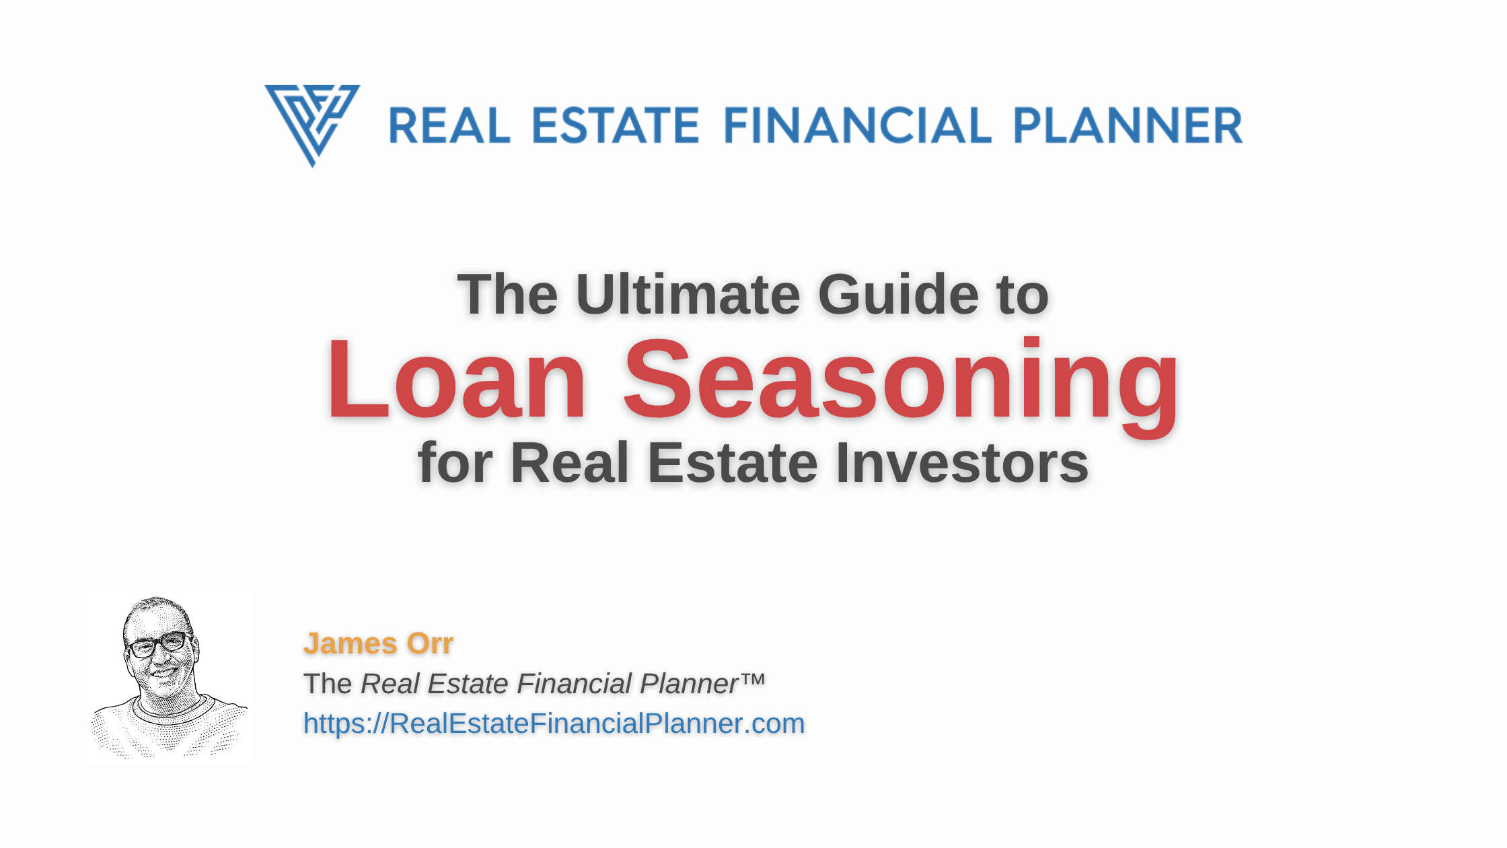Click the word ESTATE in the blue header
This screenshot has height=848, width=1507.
[x=616, y=126]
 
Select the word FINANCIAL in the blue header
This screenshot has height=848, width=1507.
[x=858, y=126]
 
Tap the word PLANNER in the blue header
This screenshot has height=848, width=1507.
[x=1128, y=126]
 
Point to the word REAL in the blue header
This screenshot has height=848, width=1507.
[x=449, y=126]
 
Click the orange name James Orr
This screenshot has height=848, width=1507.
[x=378, y=643]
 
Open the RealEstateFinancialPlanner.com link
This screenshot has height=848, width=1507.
[x=554, y=724]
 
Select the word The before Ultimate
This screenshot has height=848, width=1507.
[x=507, y=295]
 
